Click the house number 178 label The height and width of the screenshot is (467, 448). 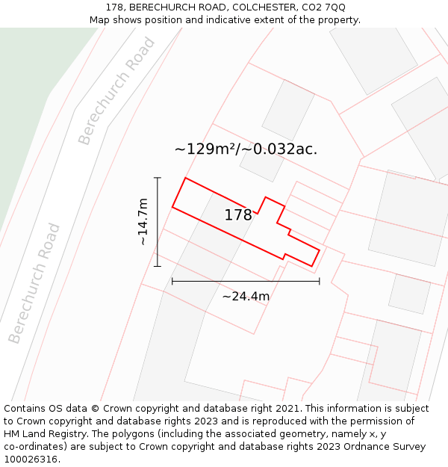(238, 215)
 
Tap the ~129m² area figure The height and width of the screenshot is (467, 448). (205, 149)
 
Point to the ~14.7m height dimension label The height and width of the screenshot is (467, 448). (142, 221)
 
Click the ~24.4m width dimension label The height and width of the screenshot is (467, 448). (246, 296)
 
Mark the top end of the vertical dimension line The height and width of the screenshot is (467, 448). (157, 178)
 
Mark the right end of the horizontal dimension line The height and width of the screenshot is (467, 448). (320, 281)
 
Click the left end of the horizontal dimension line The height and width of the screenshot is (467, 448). (172, 281)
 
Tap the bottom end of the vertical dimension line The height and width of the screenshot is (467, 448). (157, 266)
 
